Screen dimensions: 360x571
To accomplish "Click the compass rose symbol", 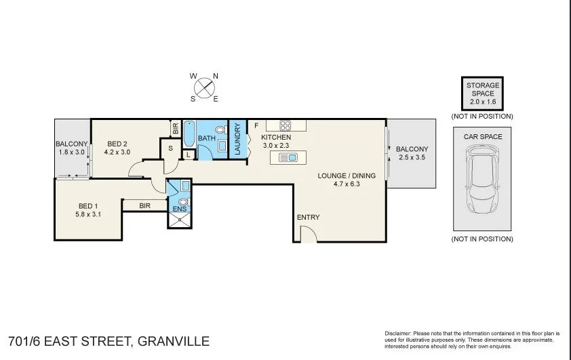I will [204, 88].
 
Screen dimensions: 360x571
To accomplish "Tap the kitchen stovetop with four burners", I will [285, 125].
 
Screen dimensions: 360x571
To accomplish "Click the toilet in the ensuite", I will [182, 201].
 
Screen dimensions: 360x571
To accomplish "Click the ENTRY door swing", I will [307, 234].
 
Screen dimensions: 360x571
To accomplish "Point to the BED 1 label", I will [88, 207].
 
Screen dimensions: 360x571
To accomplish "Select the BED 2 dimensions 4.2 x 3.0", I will [117, 153].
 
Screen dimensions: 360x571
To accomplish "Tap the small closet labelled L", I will [188, 155].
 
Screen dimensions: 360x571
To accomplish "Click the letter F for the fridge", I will [256, 125].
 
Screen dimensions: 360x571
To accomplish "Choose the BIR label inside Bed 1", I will [144, 205].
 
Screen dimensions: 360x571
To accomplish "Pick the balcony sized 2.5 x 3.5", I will [412, 153].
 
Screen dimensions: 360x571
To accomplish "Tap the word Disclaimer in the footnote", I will [398, 334].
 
